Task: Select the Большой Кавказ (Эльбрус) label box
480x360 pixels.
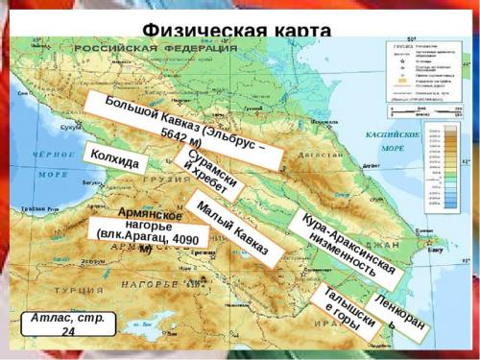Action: [182, 131]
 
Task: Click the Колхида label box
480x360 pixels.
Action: [114, 158]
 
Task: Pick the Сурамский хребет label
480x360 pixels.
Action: [207, 174]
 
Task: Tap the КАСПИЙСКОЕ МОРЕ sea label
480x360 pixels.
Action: [393, 142]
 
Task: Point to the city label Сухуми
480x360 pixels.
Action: [70, 126]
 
